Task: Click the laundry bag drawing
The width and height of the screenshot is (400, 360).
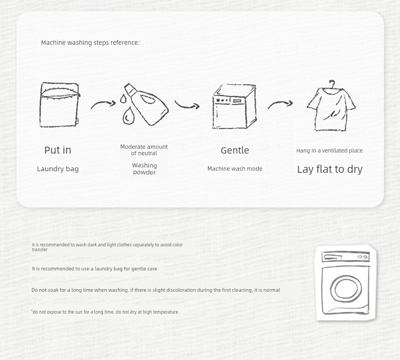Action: click(x=59, y=105)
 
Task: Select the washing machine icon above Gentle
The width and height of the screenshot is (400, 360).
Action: click(x=235, y=106)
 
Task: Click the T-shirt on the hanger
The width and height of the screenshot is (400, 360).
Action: click(x=331, y=108)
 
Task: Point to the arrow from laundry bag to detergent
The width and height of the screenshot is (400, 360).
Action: click(x=103, y=103)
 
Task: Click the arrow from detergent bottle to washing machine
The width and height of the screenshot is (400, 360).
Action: click(x=187, y=105)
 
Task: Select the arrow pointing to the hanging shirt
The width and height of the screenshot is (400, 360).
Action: click(x=280, y=103)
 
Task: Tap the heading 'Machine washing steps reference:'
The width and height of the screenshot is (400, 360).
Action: click(x=90, y=43)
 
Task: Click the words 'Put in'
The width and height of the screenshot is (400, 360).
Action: click(x=58, y=150)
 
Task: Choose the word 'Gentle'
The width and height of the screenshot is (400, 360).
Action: click(x=235, y=150)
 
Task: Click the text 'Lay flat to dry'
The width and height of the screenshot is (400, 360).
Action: click(x=330, y=170)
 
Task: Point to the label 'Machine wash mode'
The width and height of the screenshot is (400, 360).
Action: click(x=235, y=169)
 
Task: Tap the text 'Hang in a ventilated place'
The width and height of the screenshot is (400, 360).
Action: click(x=330, y=150)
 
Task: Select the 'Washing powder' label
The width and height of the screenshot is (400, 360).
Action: click(x=145, y=169)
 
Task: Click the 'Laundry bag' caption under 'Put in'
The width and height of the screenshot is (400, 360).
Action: click(x=58, y=169)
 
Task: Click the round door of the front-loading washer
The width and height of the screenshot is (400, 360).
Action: click(x=346, y=289)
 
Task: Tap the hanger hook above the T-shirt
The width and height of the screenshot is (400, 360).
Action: click(x=332, y=84)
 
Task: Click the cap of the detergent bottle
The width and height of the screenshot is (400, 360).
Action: click(x=130, y=90)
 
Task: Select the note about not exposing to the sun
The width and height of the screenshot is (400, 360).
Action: click(x=105, y=312)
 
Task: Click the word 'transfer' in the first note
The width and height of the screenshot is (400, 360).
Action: click(x=39, y=250)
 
